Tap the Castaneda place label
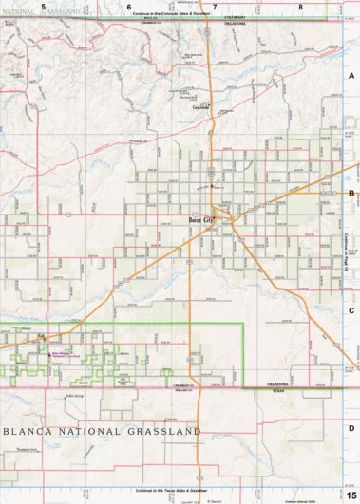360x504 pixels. tap(199, 107)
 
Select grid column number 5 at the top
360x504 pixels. tap(43, 7)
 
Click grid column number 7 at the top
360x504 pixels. tap(216, 7)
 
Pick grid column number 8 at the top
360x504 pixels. tap(300, 7)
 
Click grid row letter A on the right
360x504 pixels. tap(351, 74)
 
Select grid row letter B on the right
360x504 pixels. tap(351, 192)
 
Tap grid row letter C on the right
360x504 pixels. tap(351, 309)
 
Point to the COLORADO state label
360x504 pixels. tap(235, 17)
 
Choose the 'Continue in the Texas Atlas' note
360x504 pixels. tap(171, 490)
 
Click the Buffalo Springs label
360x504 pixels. tap(76, 396)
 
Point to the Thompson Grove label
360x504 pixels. tap(20, 448)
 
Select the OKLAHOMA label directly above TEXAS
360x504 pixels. tap(278, 385)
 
